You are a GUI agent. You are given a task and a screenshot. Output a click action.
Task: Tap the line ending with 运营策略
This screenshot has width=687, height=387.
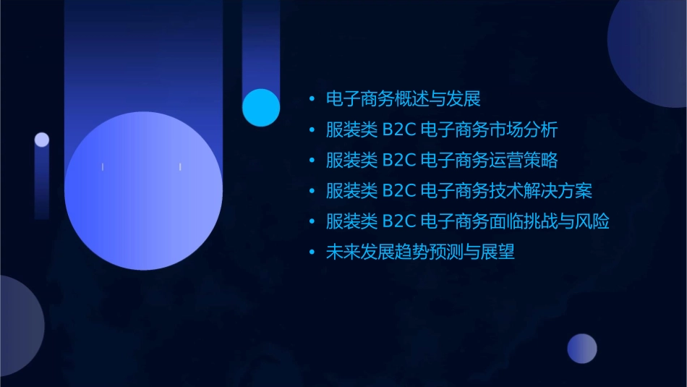(x=442, y=160)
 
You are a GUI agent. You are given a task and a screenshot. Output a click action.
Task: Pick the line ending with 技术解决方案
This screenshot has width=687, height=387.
(x=459, y=191)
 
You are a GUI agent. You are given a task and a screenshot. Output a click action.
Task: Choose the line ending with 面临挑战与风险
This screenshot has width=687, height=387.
(x=468, y=221)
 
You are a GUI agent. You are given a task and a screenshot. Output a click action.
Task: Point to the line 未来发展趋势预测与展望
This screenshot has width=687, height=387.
(x=420, y=252)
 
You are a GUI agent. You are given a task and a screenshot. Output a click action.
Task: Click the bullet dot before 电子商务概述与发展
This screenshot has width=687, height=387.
(x=312, y=99)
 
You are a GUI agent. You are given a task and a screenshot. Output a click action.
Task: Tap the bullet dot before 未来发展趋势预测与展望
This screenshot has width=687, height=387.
(x=312, y=253)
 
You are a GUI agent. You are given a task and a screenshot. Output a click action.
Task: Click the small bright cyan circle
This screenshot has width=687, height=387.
(x=261, y=107)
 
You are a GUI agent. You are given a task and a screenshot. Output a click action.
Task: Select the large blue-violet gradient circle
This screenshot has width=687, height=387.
(x=143, y=191)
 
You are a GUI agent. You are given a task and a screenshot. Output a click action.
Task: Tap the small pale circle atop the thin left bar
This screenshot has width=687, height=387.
(x=42, y=140)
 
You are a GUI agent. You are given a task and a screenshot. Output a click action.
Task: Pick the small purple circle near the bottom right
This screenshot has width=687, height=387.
(x=582, y=349)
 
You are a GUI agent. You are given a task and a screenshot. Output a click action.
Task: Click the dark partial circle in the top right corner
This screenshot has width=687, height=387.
(x=651, y=51)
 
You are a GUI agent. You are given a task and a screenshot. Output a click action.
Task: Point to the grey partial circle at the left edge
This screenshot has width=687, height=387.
(x=18, y=326)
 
